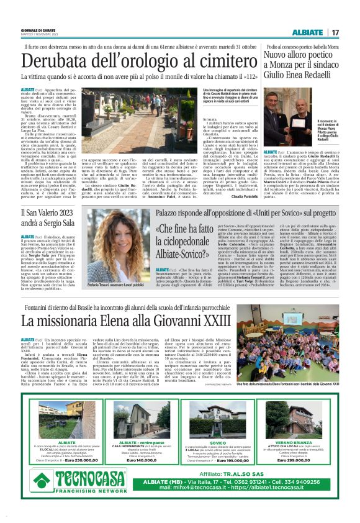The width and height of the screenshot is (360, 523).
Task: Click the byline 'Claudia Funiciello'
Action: (229, 196)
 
